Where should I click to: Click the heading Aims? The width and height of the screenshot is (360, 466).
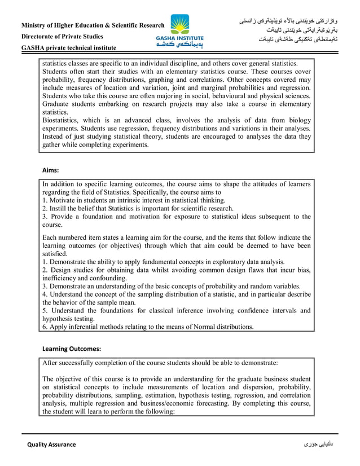pyautogui.click(x=51, y=169)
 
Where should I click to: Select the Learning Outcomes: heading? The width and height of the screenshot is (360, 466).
pyautogui.click(x=72, y=349)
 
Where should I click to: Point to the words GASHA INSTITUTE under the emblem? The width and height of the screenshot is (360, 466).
pyautogui.click(x=180, y=38)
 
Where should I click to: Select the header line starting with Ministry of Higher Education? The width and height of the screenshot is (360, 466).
pyautogui.click(x=93, y=25)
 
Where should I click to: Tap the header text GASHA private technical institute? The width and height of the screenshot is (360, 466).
pyautogui.click(x=69, y=48)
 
